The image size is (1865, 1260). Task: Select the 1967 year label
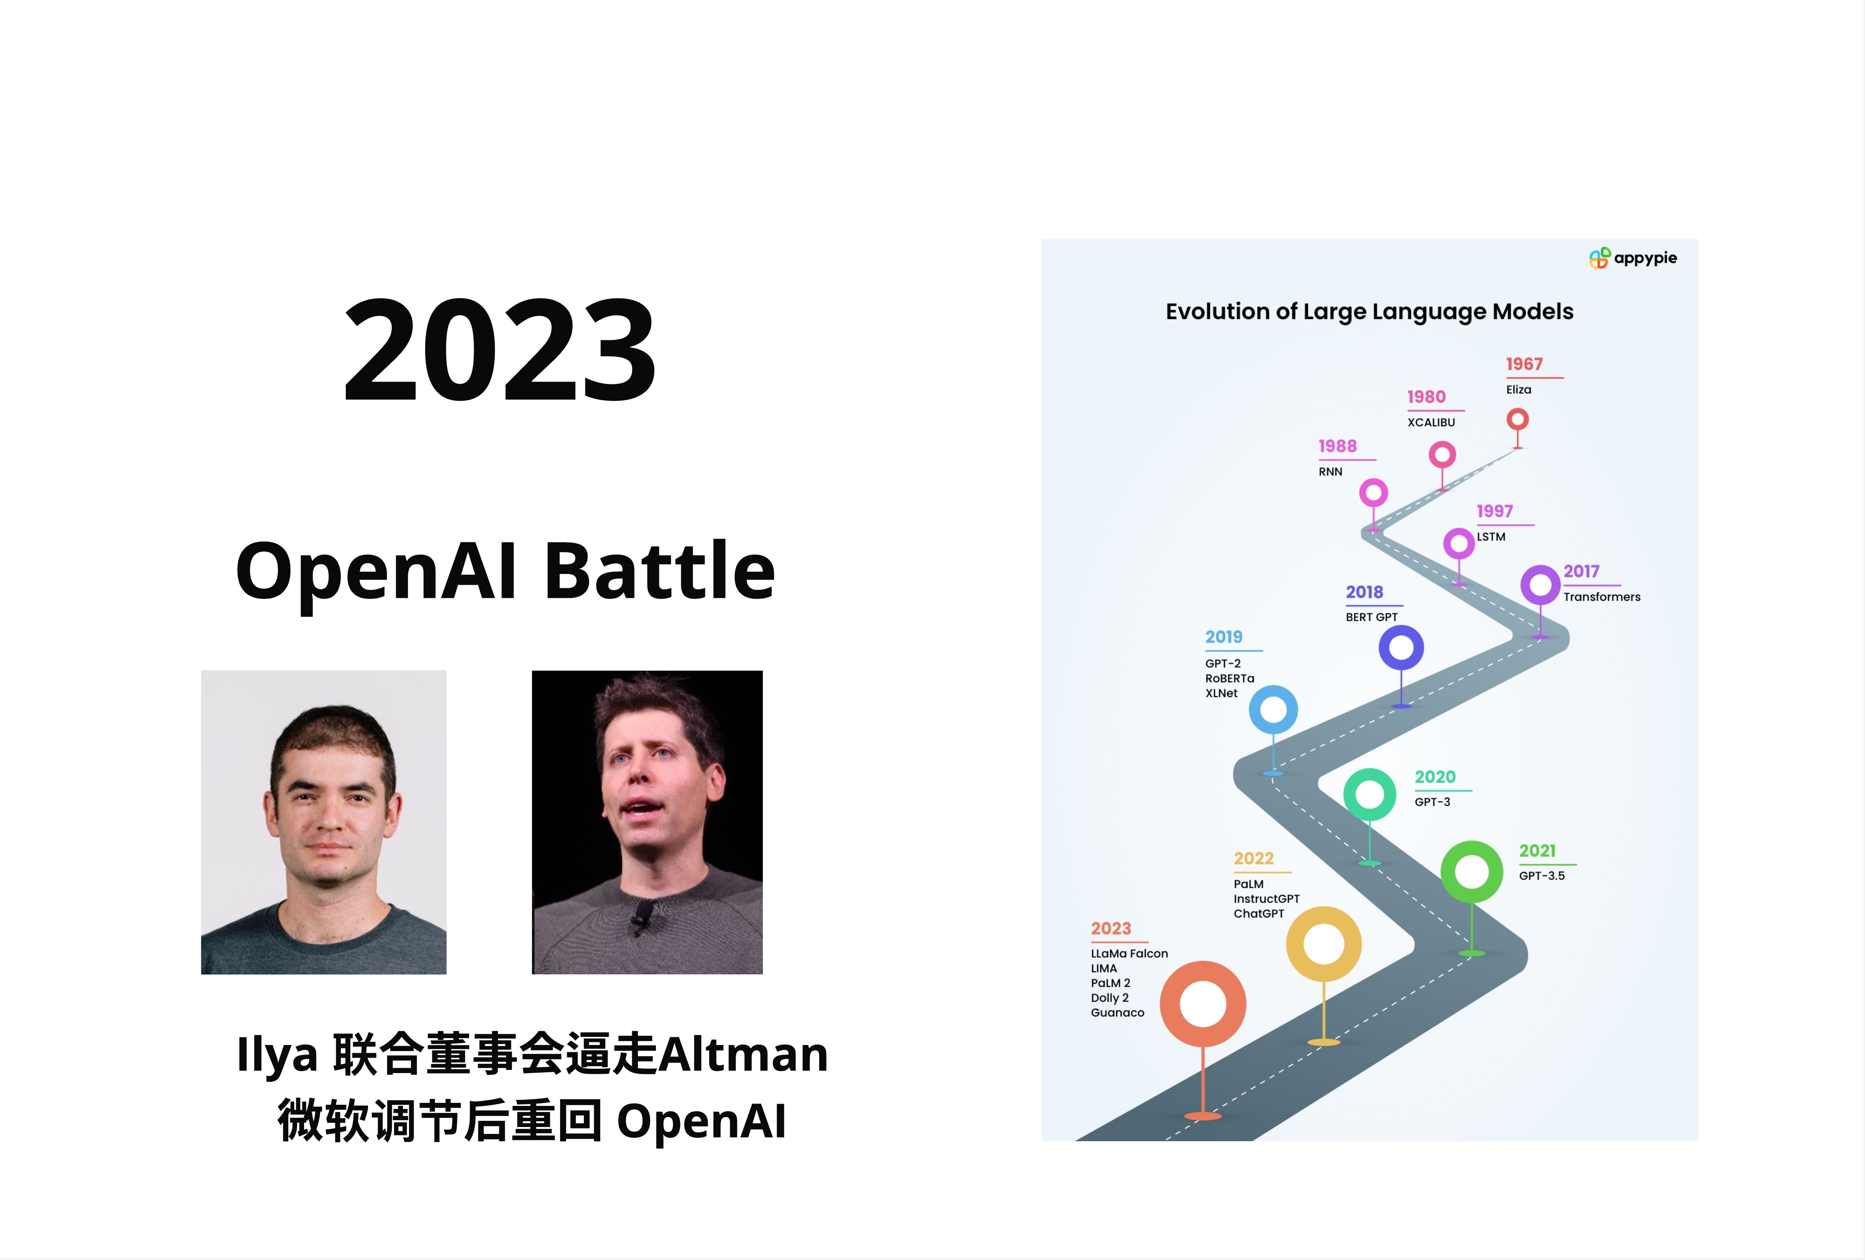tap(1524, 364)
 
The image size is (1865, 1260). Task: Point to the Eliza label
tap(1518, 390)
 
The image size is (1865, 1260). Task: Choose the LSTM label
tap(1491, 536)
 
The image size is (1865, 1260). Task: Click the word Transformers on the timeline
tap(1602, 597)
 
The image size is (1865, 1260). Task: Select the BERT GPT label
tap(1372, 617)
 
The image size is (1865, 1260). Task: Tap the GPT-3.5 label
tap(1541, 876)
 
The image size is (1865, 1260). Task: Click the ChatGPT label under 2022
tap(1258, 914)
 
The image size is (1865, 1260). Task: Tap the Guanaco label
tap(1117, 1013)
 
